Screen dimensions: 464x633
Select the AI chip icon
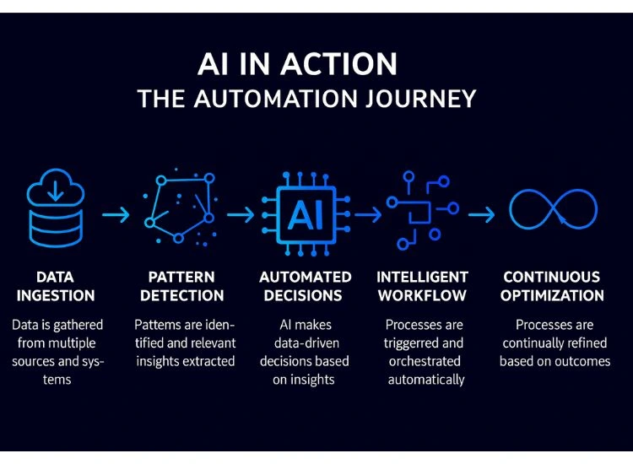pyautogui.click(x=300, y=214)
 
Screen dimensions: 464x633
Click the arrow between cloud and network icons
pyautogui.click(x=116, y=215)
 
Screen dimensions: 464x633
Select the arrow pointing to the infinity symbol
pyautogui.click(x=482, y=215)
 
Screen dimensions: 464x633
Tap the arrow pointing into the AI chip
pyautogui.click(x=241, y=215)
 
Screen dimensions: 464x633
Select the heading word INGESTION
pyautogui.click(x=55, y=296)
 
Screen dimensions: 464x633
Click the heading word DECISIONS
pyautogui.click(x=305, y=296)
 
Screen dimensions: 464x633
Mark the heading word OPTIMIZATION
pyautogui.click(x=553, y=296)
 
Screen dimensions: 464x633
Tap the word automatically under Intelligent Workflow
pyautogui.click(x=426, y=380)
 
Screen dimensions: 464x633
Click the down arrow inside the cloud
pyautogui.click(x=55, y=190)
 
